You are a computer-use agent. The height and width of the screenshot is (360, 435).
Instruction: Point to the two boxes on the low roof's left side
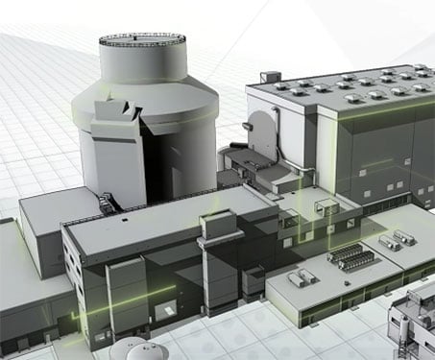tap(302, 277)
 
